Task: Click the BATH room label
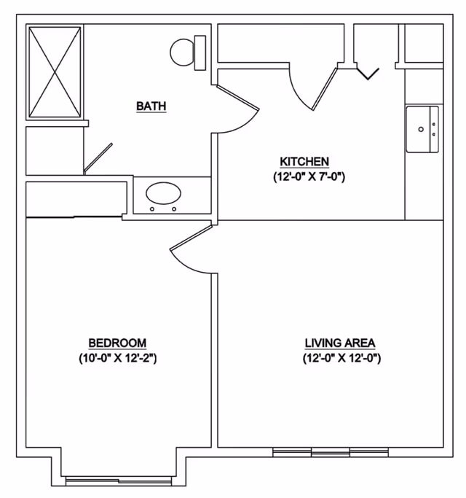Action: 151,106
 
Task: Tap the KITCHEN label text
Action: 304,162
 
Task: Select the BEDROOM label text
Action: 117,343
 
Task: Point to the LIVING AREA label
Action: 340,343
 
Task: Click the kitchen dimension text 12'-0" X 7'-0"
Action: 309,177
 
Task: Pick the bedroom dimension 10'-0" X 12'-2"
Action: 118,359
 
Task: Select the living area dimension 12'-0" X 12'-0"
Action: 341,359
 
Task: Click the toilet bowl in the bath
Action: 182,52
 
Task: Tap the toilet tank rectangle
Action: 200,52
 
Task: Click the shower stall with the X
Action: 55,72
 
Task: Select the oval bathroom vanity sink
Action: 163,193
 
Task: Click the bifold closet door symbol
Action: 368,74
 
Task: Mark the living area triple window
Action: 331,451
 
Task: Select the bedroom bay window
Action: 119,481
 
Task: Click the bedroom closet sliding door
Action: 74,217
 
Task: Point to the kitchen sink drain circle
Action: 421,129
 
